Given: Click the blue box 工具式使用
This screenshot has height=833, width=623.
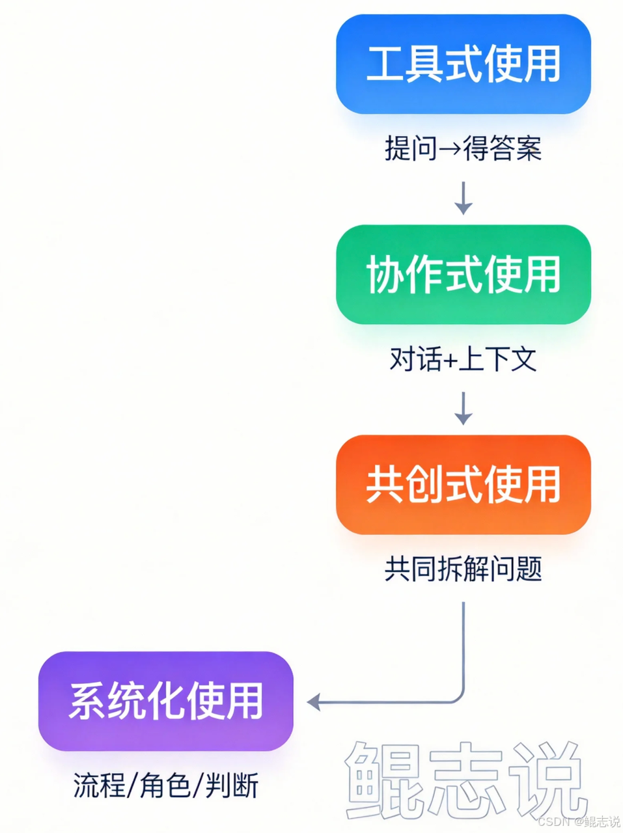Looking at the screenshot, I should tap(463, 64).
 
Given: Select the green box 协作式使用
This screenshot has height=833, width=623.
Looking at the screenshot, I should tap(463, 274).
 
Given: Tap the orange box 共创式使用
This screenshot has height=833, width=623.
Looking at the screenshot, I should tap(463, 484).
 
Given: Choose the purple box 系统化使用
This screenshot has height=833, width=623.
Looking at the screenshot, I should tap(165, 701).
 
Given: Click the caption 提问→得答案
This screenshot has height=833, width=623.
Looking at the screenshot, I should tap(463, 149).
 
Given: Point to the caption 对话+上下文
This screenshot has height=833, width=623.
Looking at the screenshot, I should tap(463, 359).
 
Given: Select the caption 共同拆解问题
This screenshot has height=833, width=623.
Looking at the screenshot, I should tap(463, 569).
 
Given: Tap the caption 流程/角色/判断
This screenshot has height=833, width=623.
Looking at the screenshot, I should tap(166, 785).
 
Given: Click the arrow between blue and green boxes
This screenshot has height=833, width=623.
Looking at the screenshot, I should tap(464, 198).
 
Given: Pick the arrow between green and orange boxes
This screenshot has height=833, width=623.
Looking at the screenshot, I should tap(464, 408).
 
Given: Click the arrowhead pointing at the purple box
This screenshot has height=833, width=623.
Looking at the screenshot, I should tap(314, 702).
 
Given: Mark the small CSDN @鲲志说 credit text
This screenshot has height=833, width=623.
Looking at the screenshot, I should tap(579, 821).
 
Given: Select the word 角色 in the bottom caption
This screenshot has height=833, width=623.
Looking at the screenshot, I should tap(165, 785).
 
